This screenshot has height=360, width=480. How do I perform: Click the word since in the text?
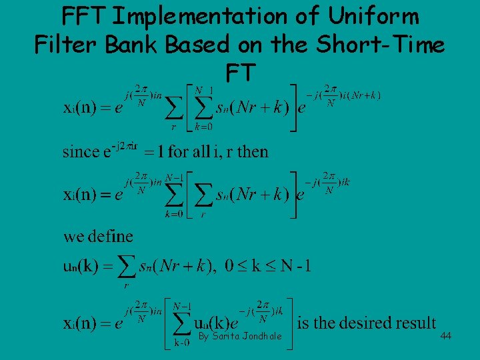tap(81, 152)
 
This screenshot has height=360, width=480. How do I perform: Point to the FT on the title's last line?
tap(240, 73)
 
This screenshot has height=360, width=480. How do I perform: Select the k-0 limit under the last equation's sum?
tap(182, 342)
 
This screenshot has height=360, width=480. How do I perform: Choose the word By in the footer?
tap(204, 335)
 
